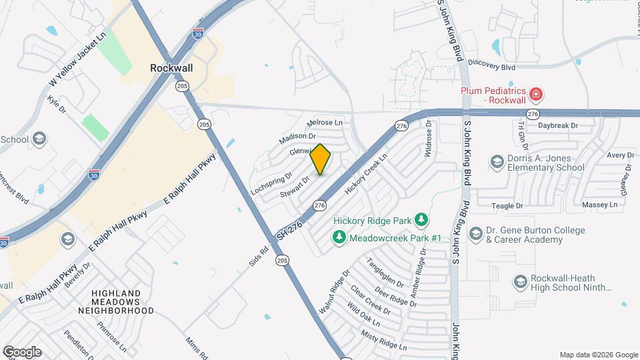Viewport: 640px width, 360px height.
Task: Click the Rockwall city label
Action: [x=172, y=67]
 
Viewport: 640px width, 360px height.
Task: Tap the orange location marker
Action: [x=321, y=159]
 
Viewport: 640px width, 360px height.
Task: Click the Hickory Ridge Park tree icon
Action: [x=421, y=219]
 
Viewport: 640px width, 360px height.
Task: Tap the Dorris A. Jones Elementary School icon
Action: [x=497, y=162]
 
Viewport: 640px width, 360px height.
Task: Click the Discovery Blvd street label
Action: [x=492, y=66]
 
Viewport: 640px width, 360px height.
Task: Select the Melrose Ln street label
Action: [x=324, y=123]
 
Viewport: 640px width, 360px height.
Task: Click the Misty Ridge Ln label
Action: [x=383, y=340]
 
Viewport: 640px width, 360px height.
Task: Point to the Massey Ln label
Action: [x=600, y=205]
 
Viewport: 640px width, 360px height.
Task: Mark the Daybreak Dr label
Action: [x=558, y=125]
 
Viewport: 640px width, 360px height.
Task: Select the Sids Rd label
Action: [x=258, y=256]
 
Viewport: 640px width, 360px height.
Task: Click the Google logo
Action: [x=22, y=351]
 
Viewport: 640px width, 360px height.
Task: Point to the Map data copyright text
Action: [x=598, y=355]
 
